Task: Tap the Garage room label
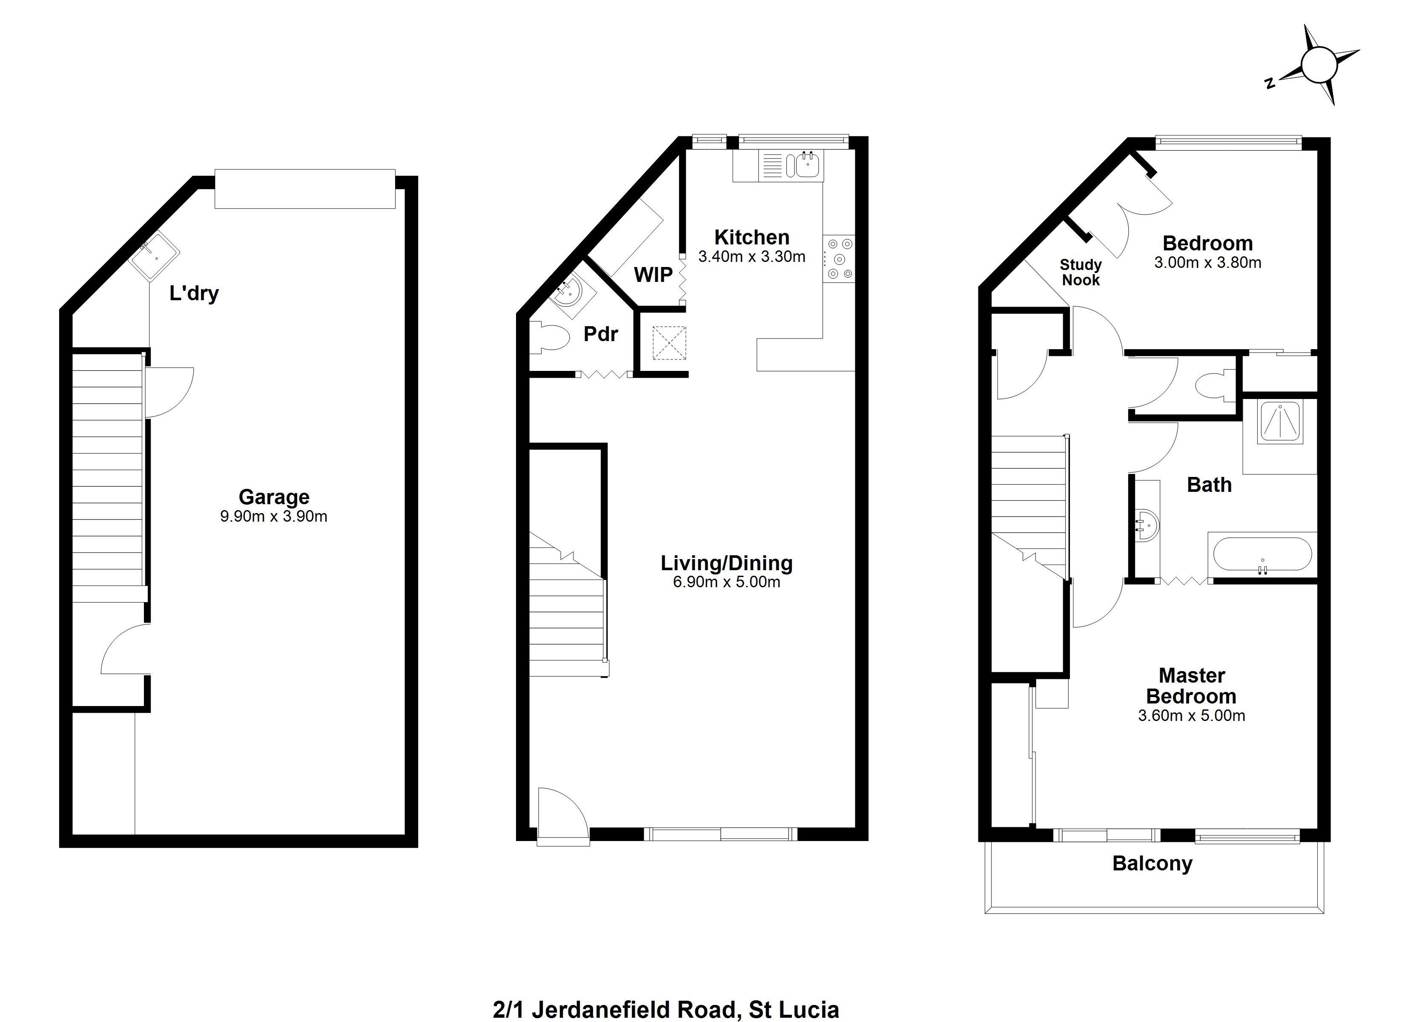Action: (274, 497)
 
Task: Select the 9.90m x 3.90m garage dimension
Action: (274, 516)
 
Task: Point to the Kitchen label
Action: (751, 237)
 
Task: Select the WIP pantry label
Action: (653, 275)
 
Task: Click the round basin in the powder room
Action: (567, 293)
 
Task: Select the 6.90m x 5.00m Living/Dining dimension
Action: (727, 582)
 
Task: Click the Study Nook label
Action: (1081, 273)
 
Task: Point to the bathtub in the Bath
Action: (1262, 554)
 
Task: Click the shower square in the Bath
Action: (1280, 422)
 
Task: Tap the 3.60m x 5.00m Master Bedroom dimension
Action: (1191, 716)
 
